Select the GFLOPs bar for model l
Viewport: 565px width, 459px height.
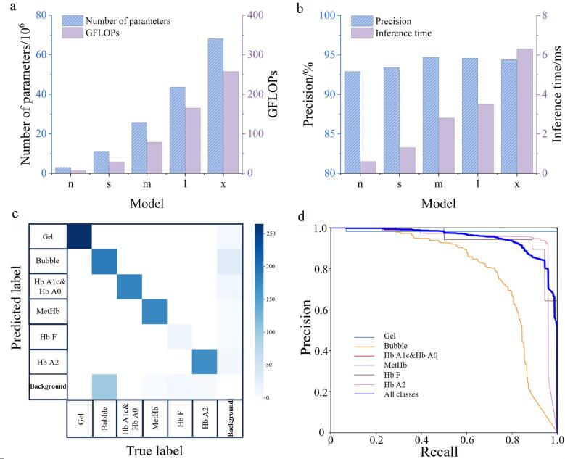tap(193, 141)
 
